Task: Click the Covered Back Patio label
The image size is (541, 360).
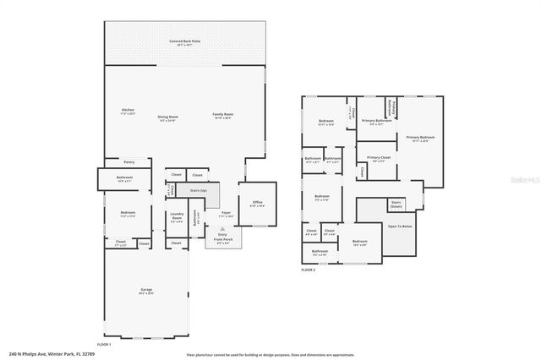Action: click(x=184, y=41)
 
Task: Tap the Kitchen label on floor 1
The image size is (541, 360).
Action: click(x=128, y=112)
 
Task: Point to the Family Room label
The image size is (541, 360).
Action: click(x=223, y=115)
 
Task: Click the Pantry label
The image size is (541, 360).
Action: click(x=129, y=161)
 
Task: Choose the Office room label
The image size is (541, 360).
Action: click(x=257, y=203)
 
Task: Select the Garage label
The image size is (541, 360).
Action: click(x=146, y=291)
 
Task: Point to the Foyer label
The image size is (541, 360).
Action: click(x=226, y=214)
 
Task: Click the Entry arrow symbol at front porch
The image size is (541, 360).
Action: click(x=222, y=229)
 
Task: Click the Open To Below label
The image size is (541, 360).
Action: click(x=400, y=226)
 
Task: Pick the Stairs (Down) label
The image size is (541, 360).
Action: click(x=396, y=203)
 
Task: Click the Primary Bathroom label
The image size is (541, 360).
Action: click(x=376, y=122)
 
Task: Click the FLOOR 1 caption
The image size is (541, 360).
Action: click(x=104, y=344)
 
